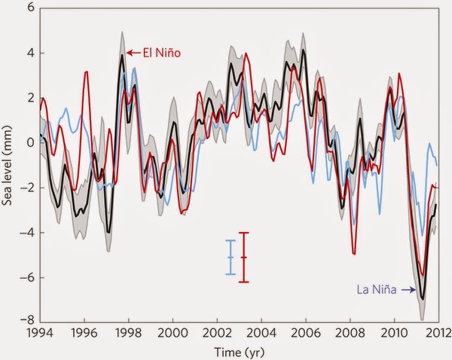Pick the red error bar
coord(243,257)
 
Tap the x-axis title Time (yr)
coord(238,351)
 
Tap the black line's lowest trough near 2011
coord(423,299)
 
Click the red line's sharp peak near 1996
coord(87,72)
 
